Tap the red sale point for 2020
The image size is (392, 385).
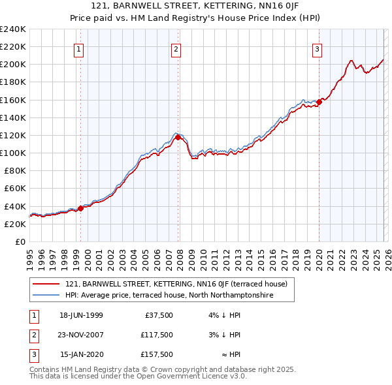pyautogui.click(x=319, y=101)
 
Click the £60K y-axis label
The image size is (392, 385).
pyautogui.click(x=14, y=188)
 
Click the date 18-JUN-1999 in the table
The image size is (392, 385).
pyautogui.click(x=82, y=315)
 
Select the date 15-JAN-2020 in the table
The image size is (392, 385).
pyautogui.click(x=82, y=354)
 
